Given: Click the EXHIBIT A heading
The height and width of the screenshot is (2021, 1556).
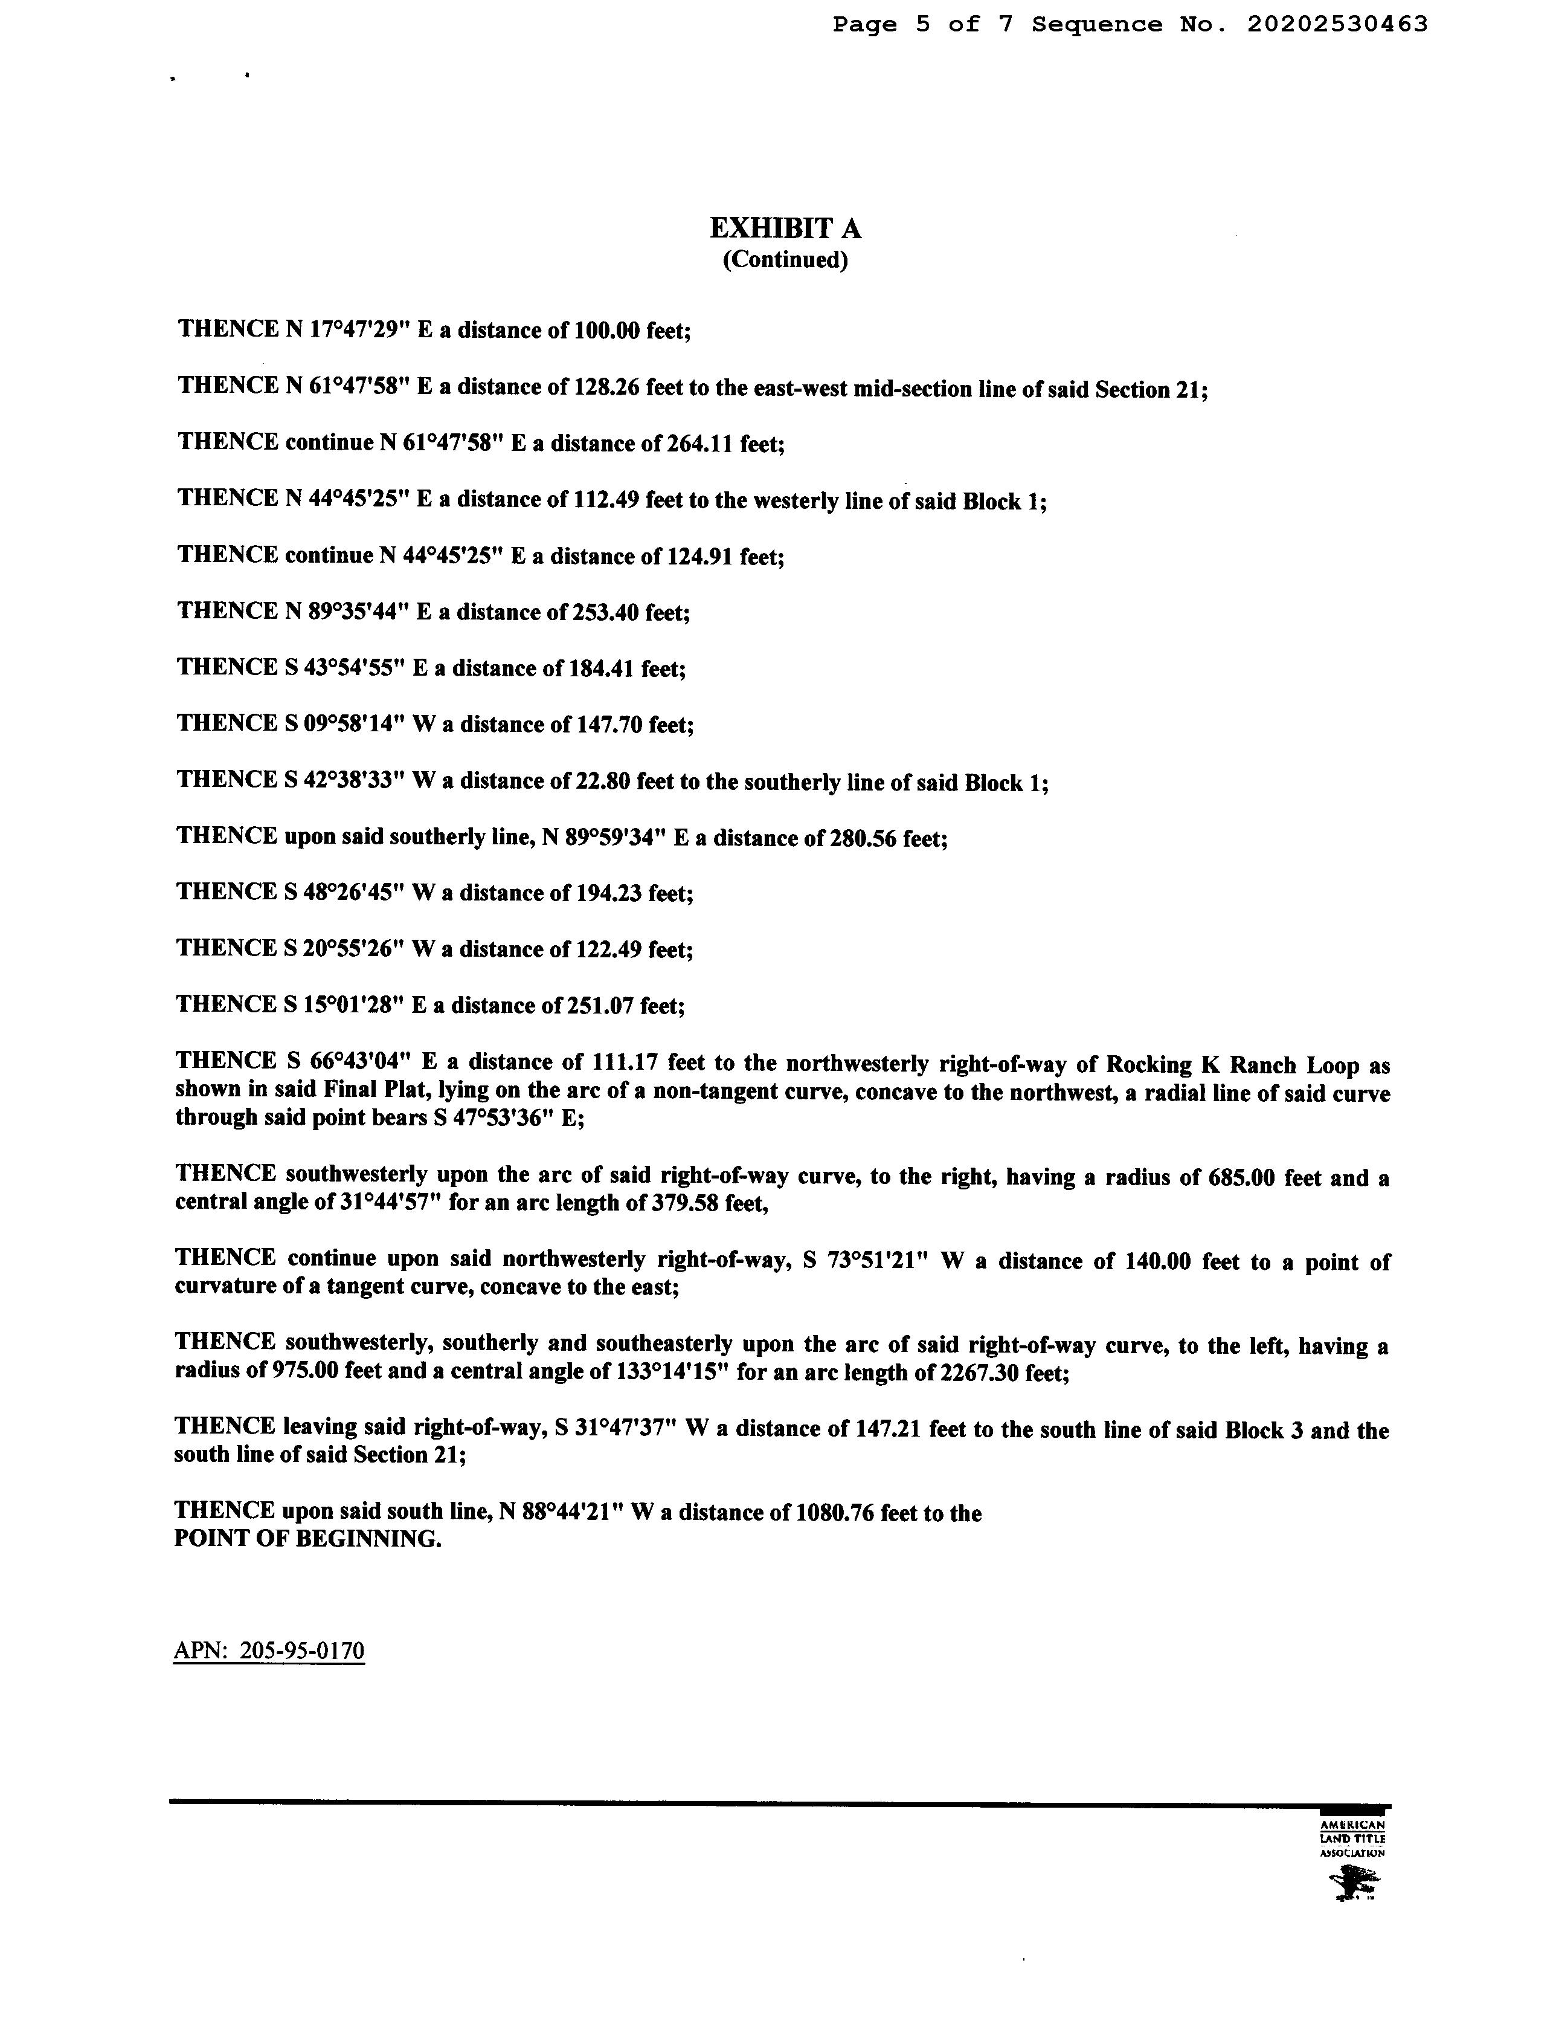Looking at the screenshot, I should click(x=785, y=228).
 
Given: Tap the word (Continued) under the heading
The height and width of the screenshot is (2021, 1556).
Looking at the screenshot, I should click(x=785, y=260).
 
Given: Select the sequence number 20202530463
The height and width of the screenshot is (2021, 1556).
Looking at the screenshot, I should click(x=1337, y=25).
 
